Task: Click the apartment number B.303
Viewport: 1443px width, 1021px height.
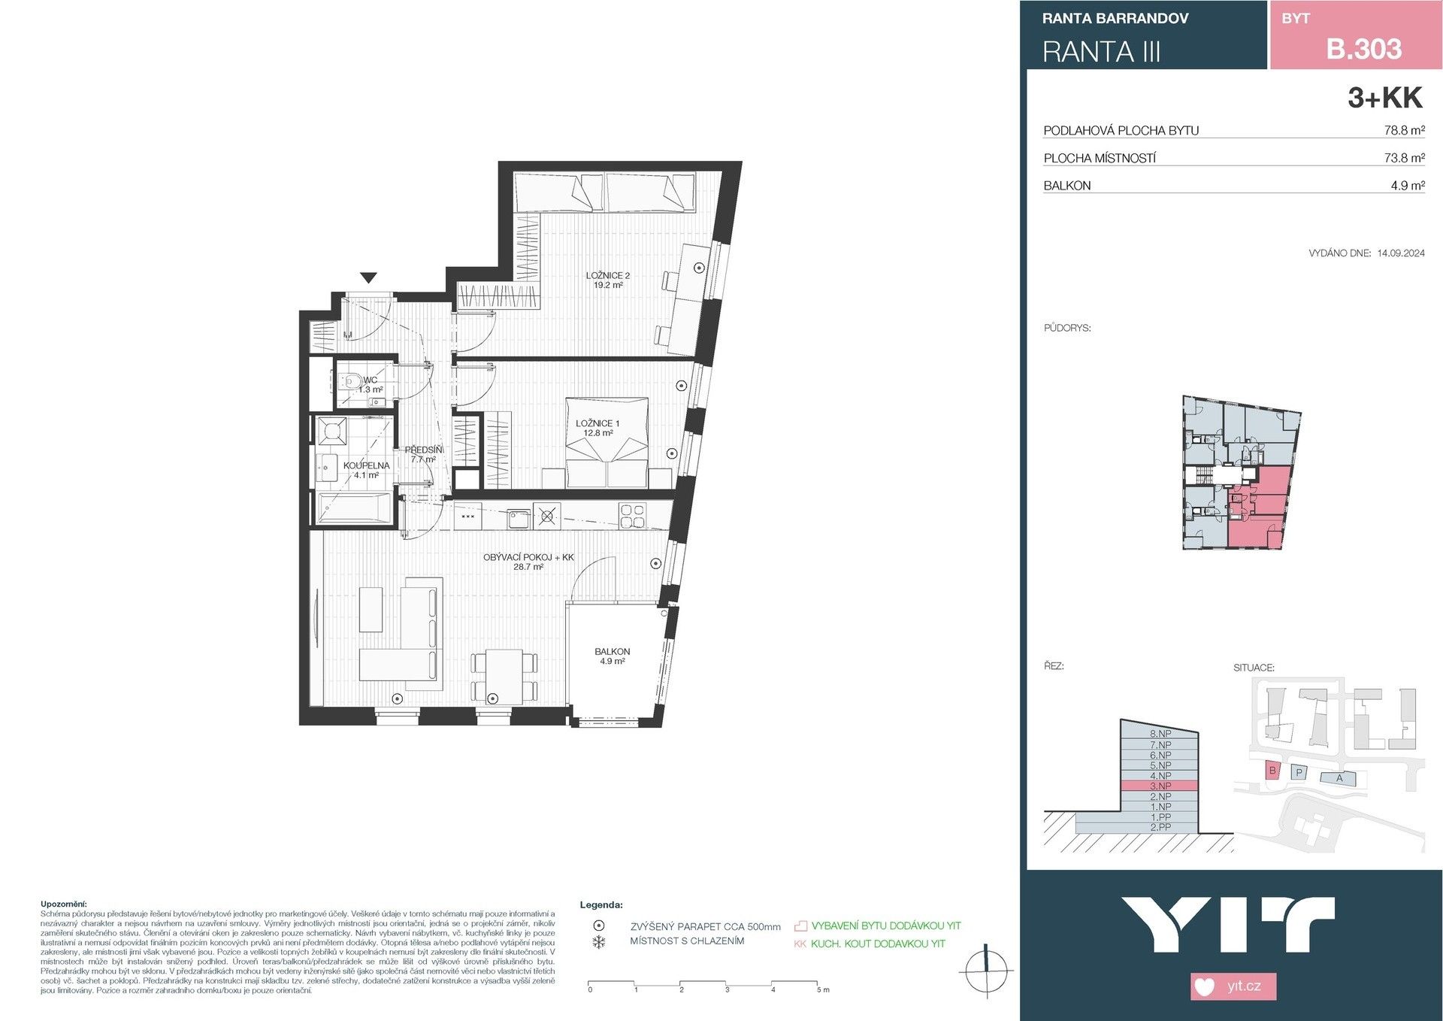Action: [x=1363, y=49]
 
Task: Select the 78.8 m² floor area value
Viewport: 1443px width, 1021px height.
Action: [x=1404, y=130]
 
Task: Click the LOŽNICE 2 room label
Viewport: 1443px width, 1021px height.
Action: [x=607, y=280]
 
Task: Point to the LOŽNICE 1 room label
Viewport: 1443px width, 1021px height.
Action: [x=597, y=428]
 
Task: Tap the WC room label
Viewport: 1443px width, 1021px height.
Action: [x=370, y=384]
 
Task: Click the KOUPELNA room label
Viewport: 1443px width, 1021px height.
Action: [x=366, y=470]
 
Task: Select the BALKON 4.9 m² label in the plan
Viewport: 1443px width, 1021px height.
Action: [x=612, y=656]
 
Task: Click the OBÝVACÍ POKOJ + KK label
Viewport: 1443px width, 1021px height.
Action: [x=528, y=562]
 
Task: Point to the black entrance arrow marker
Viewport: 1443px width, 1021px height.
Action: [x=368, y=278]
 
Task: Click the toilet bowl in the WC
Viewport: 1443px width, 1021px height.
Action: [x=350, y=381]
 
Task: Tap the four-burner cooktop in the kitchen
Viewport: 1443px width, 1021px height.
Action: [x=632, y=516]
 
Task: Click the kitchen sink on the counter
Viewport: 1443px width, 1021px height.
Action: [x=519, y=518]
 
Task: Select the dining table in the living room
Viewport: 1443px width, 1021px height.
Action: [x=504, y=677]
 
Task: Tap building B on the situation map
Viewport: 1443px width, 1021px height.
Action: [x=1272, y=770]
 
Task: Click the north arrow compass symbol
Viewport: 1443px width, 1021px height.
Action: [x=986, y=971]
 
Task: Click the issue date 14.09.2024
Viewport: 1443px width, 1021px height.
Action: [x=1400, y=253]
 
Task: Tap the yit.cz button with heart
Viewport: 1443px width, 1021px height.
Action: [x=1233, y=986]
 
